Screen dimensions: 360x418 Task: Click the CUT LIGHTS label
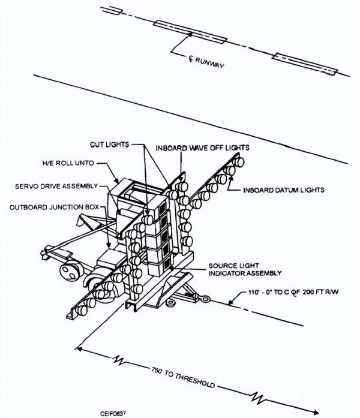point(109,145)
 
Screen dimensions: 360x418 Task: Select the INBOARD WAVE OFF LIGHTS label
point(203,148)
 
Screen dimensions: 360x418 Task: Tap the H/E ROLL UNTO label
point(68,163)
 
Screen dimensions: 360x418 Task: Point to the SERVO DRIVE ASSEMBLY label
point(56,186)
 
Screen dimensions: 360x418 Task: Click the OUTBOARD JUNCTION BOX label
point(54,207)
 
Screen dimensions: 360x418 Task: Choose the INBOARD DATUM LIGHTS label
point(284,190)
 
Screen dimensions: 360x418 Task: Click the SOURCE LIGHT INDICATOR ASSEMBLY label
point(245,269)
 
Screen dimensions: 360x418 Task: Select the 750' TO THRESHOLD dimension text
point(182,377)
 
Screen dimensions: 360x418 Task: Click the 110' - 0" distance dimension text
point(293,292)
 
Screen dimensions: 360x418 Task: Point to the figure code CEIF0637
point(113,414)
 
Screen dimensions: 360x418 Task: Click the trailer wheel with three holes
point(70,272)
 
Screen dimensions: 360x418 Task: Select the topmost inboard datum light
point(239,162)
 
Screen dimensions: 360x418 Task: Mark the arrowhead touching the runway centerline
point(190,34)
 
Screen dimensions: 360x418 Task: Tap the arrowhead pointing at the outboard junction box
point(108,244)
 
